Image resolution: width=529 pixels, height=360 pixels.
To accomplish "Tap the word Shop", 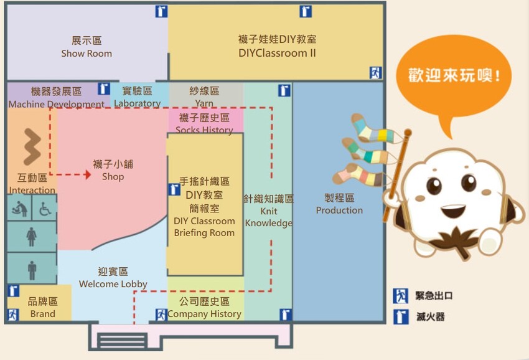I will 113,177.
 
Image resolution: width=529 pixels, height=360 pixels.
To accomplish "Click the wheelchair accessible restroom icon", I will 45,209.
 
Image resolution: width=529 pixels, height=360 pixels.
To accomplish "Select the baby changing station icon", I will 20,209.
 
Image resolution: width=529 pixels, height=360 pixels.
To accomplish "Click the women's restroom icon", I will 32,237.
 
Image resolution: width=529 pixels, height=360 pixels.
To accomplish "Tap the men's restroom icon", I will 32,270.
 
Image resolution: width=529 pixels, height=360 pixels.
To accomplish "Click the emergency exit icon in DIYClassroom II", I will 375,72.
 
